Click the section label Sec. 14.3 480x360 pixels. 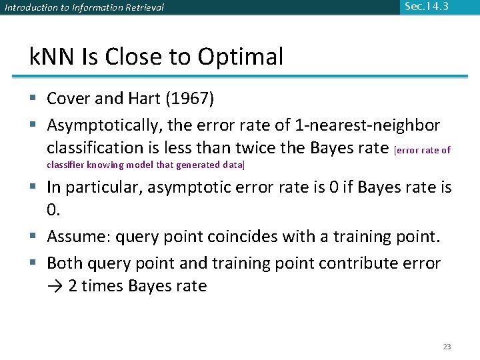(427, 7)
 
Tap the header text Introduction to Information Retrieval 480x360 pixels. (84, 8)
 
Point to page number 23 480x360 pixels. (447, 347)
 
